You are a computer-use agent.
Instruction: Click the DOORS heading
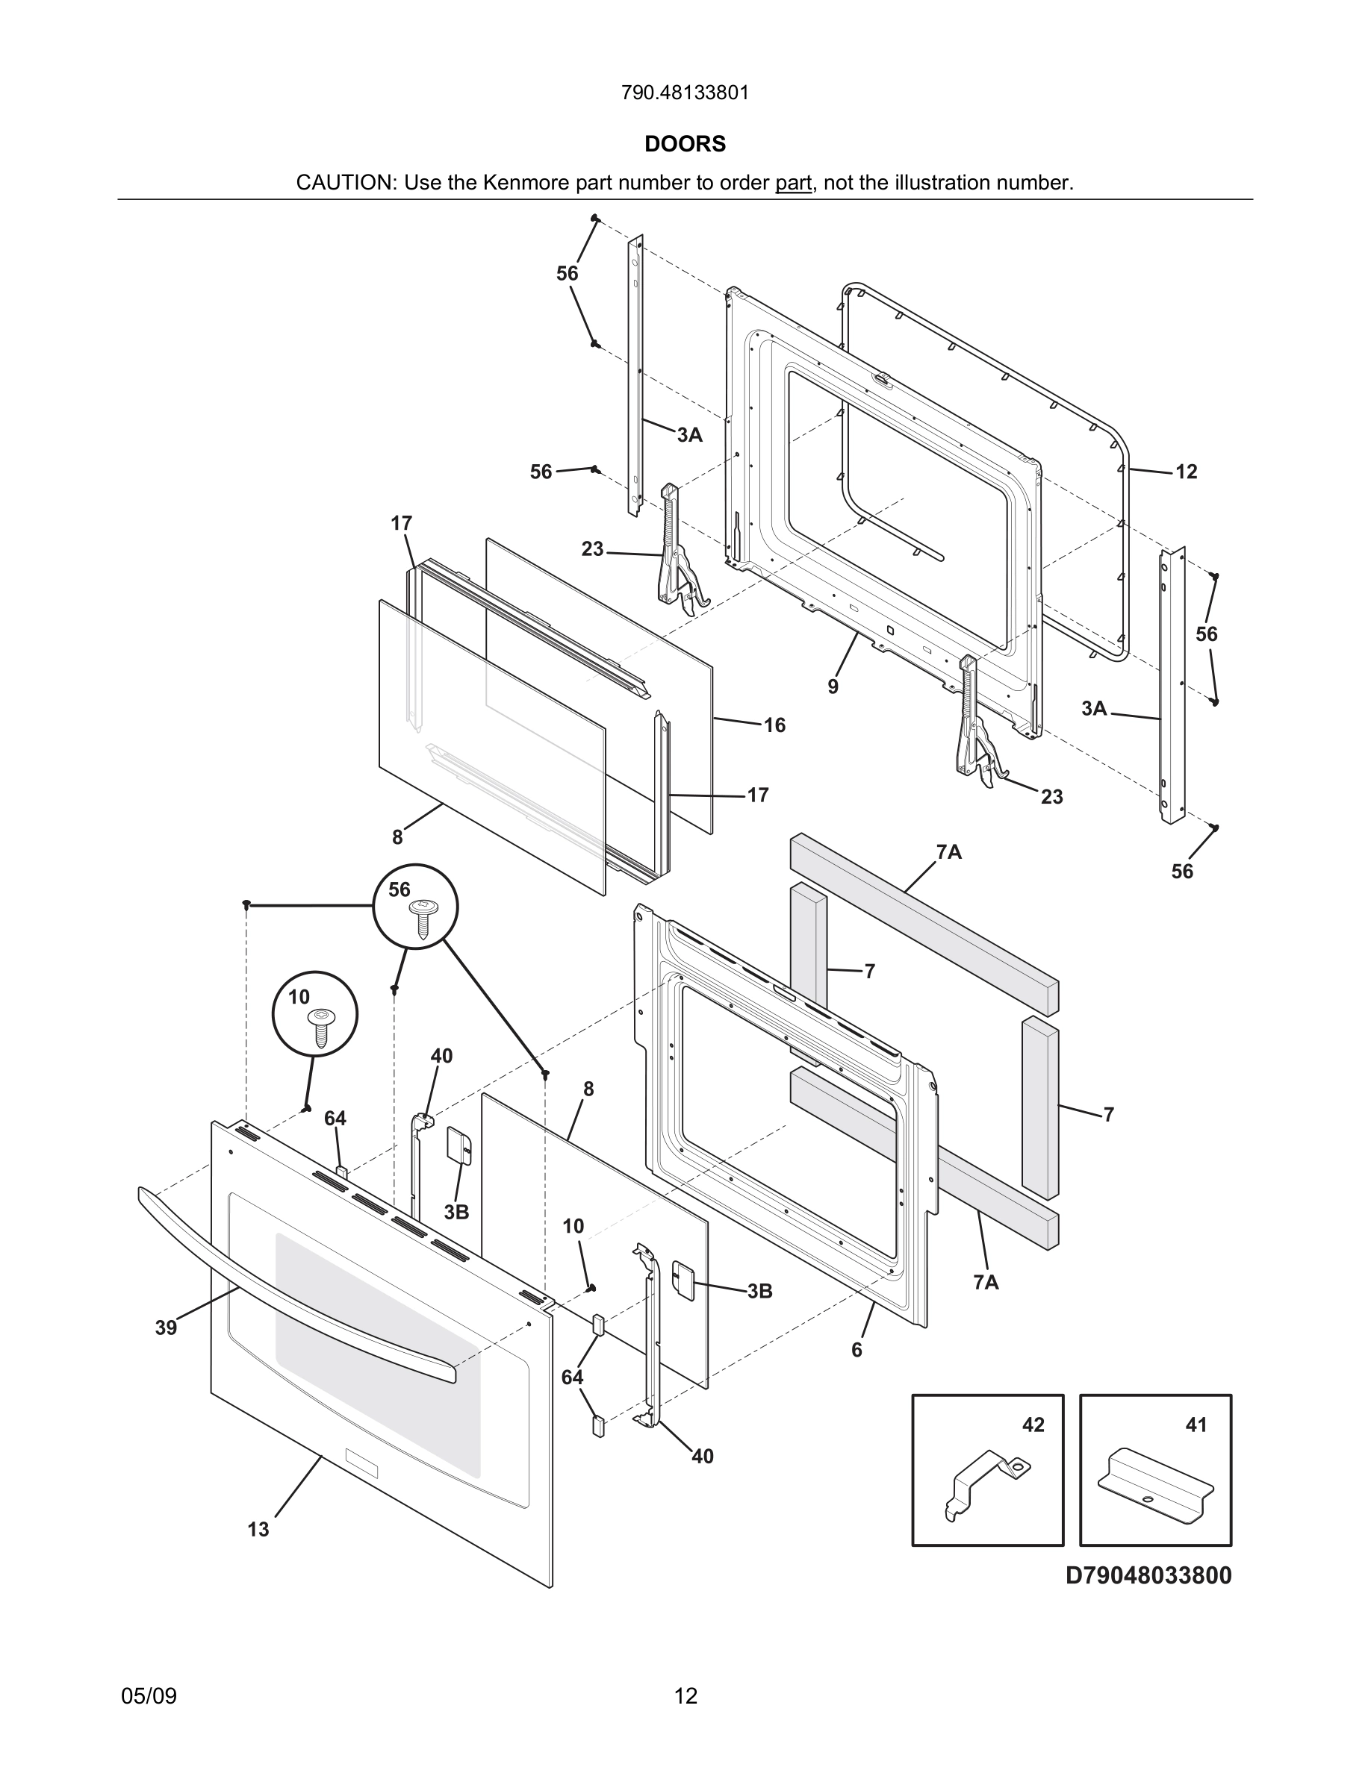[685, 144]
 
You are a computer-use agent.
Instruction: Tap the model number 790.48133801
[685, 93]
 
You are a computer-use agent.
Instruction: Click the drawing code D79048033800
[1148, 1576]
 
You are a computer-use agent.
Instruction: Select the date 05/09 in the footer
[149, 1696]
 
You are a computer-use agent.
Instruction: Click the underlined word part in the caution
[793, 183]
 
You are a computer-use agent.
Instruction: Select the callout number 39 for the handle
[166, 1328]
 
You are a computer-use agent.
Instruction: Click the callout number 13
[258, 1530]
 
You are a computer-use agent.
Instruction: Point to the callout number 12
[1186, 472]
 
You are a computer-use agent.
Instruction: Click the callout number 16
[774, 725]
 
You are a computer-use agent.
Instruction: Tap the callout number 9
[833, 687]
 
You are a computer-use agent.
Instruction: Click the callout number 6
[856, 1350]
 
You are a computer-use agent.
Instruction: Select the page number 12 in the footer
[685, 1696]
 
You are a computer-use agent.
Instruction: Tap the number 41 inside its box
[1196, 1425]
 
